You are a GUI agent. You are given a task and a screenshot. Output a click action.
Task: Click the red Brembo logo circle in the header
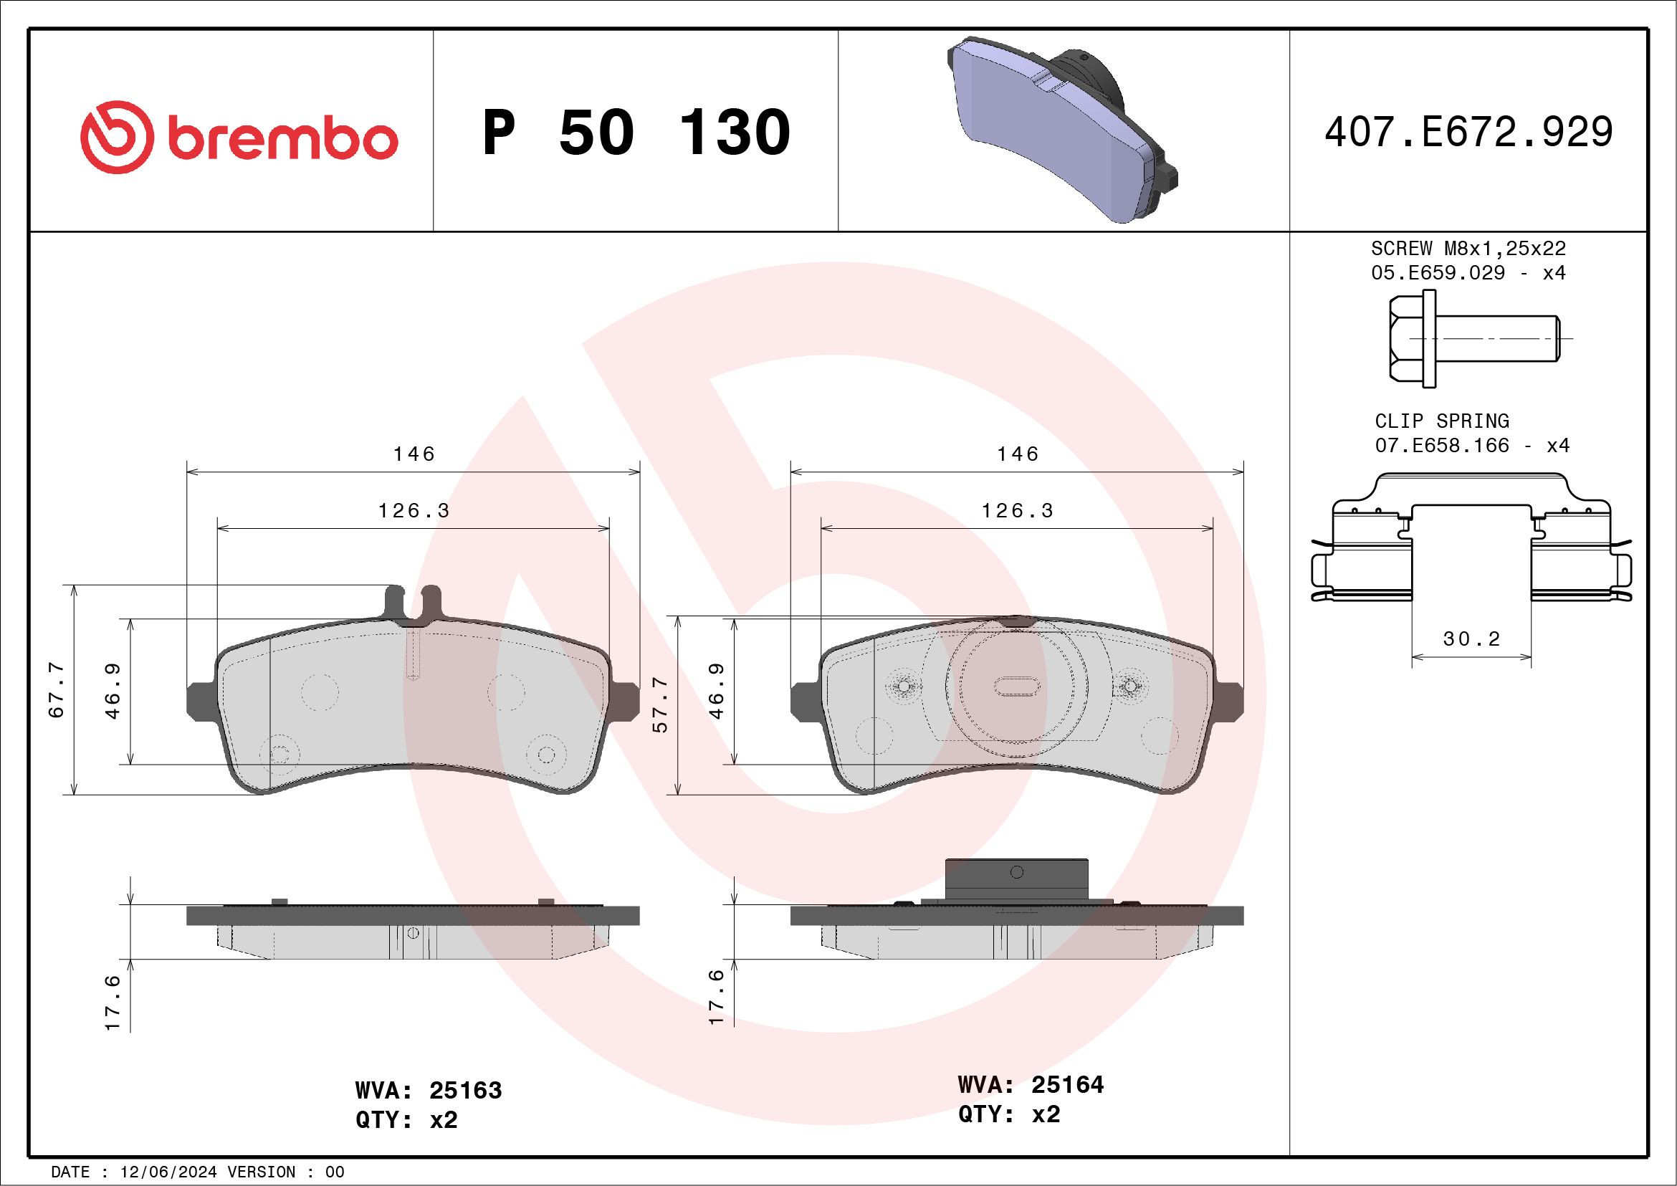pyautogui.click(x=117, y=138)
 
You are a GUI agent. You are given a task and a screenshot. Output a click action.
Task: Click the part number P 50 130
pyautogui.click(x=636, y=133)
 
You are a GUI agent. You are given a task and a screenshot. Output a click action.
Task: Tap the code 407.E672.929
pyautogui.click(x=1468, y=133)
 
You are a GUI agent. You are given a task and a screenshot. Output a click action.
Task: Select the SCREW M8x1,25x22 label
pyautogui.click(x=1468, y=248)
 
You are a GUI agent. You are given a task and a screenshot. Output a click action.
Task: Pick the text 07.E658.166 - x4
pyautogui.click(x=1472, y=446)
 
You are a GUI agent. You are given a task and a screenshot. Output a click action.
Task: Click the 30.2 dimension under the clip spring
pyautogui.click(x=1471, y=639)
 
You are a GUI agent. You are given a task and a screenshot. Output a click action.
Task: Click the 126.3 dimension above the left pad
pyautogui.click(x=414, y=510)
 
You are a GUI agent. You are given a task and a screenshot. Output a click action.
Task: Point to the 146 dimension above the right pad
pyautogui.click(x=1018, y=454)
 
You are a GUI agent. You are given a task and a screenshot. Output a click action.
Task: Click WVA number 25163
pyautogui.click(x=465, y=1090)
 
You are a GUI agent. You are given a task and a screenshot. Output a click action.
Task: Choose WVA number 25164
pyautogui.click(x=1067, y=1084)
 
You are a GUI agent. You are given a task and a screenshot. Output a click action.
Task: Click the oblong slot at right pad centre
pyautogui.click(x=1017, y=686)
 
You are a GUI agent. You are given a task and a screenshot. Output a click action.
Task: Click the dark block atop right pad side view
pyautogui.click(x=1017, y=879)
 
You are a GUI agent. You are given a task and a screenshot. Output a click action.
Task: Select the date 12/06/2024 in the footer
pyautogui.click(x=168, y=1172)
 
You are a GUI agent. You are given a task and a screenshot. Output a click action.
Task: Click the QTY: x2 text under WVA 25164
pyautogui.click(x=1008, y=1114)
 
